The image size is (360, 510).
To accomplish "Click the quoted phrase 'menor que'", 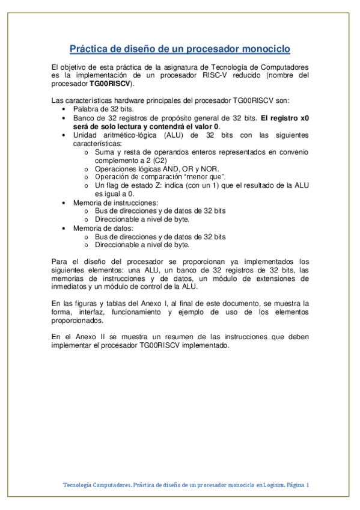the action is (x=205, y=177).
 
